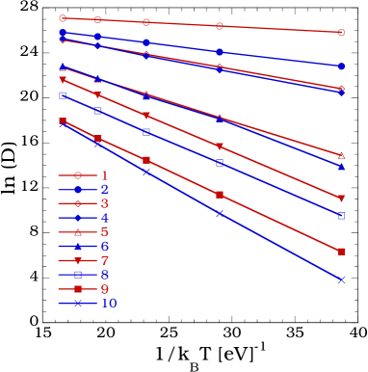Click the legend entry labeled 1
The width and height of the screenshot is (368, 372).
pos(88,175)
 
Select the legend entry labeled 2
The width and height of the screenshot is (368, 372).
pos(88,190)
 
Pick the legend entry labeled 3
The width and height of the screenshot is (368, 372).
pos(88,203)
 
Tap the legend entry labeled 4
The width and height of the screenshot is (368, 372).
pos(88,218)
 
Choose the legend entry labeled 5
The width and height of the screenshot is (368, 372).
pos(88,232)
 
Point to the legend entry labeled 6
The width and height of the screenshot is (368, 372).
pos(88,247)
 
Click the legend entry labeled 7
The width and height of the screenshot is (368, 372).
pos(88,260)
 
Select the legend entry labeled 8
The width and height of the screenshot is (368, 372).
pos(88,275)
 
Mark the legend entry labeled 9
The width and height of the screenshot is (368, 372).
pos(88,289)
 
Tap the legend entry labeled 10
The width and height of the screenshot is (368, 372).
pos(88,304)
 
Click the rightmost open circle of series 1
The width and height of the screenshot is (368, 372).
pos(341,32)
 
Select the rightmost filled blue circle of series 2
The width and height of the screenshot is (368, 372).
pos(341,66)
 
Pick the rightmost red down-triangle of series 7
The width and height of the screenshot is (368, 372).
pos(341,199)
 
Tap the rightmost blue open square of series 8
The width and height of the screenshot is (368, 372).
pos(341,215)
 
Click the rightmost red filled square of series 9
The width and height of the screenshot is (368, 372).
pos(341,252)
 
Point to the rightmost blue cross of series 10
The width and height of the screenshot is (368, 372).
pos(341,279)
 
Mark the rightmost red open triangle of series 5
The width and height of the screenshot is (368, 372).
pos(341,155)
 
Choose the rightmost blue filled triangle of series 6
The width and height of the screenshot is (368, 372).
pos(341,167)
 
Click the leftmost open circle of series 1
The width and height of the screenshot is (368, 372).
pos(63,18)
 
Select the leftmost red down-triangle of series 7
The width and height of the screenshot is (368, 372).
pos(63,80)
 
